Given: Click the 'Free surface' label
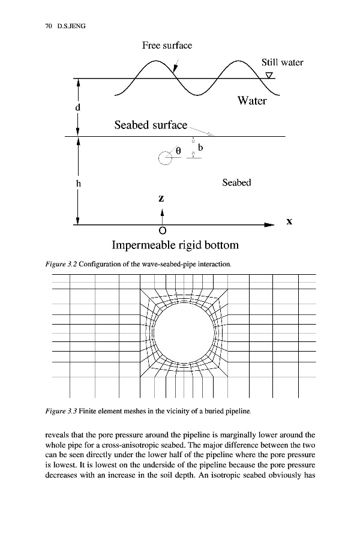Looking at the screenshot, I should pyautogui.click(x=167, y=46).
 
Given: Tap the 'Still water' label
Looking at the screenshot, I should pyautogui.click(x=282, y=62).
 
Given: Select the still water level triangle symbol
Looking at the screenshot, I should pyautogui.click(x=269, y=75).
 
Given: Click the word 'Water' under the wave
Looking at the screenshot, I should pyautogui.click(x=251, y=101).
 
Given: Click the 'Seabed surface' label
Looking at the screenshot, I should pyautogui.click(x=151, y=125).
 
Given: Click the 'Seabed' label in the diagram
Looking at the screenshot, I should pyautogui.click(x=236, y=182).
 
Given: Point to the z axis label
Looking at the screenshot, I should pyautogui.click(x=161, y=197).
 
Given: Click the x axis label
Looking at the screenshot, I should pyautogui.click(x=289, y=221).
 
